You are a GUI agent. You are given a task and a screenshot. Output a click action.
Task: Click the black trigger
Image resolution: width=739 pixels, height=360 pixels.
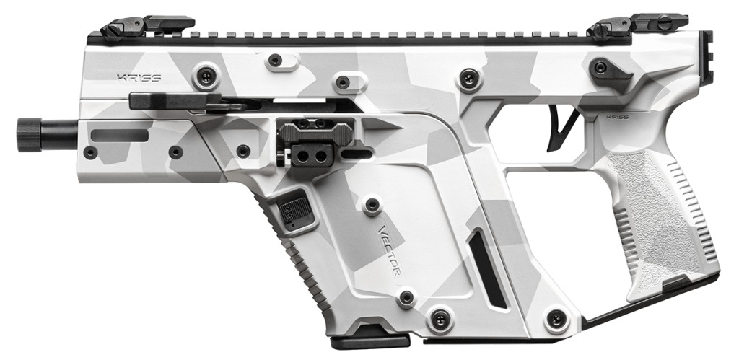tap(557, 131)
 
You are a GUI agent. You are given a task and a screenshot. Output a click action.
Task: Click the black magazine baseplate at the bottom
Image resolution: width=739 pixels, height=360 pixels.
tap(369, 335)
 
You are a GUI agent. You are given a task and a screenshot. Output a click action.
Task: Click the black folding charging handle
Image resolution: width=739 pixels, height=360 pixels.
tap(177, 101)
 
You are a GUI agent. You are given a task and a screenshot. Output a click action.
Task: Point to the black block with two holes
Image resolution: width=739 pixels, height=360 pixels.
tap(312, 154)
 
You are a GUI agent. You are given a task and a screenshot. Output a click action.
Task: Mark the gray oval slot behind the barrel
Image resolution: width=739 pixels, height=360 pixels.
tap(120, 135)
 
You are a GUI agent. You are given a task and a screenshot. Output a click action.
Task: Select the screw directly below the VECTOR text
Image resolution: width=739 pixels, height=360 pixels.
tap(406, 297)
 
